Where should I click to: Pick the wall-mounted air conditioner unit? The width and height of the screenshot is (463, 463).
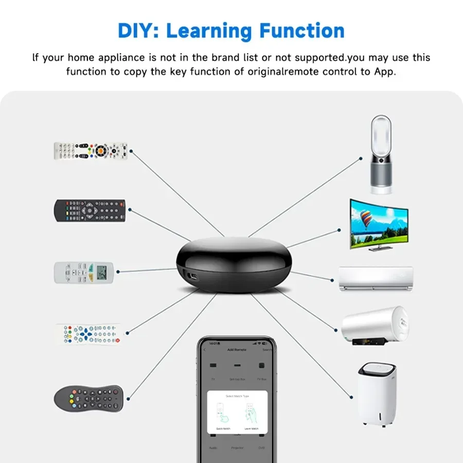click(x=376, y=278)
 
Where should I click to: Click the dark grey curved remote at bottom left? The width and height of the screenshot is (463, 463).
click(x=88, y=398)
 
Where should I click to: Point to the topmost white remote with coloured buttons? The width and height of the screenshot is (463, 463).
click(x=91, y=151)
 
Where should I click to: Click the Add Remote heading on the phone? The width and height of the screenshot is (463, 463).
click(x=237, y=350)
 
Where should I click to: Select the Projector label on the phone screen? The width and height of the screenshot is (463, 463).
click(x=237, y=448)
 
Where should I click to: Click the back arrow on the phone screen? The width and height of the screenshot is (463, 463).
click(x=205, y=350)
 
